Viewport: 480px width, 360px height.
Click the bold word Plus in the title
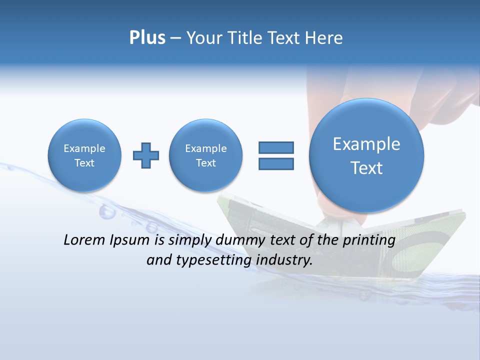pos(147,38)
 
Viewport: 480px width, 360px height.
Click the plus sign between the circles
pos(146,155)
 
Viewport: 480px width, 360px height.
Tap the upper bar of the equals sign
pos(276,147)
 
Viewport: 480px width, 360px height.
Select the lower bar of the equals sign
pos(276,163)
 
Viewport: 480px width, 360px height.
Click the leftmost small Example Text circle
pos(84,155)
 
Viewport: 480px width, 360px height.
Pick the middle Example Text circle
pos(205,155)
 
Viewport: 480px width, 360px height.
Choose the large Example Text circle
pos(366,155)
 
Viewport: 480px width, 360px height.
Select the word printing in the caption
pos(368,240)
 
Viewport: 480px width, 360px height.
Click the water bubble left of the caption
pos(106,212)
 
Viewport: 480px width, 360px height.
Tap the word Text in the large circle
pos(366,168)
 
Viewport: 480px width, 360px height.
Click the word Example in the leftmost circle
pos(84,148)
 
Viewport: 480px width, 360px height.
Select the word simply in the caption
pos(191,240)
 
